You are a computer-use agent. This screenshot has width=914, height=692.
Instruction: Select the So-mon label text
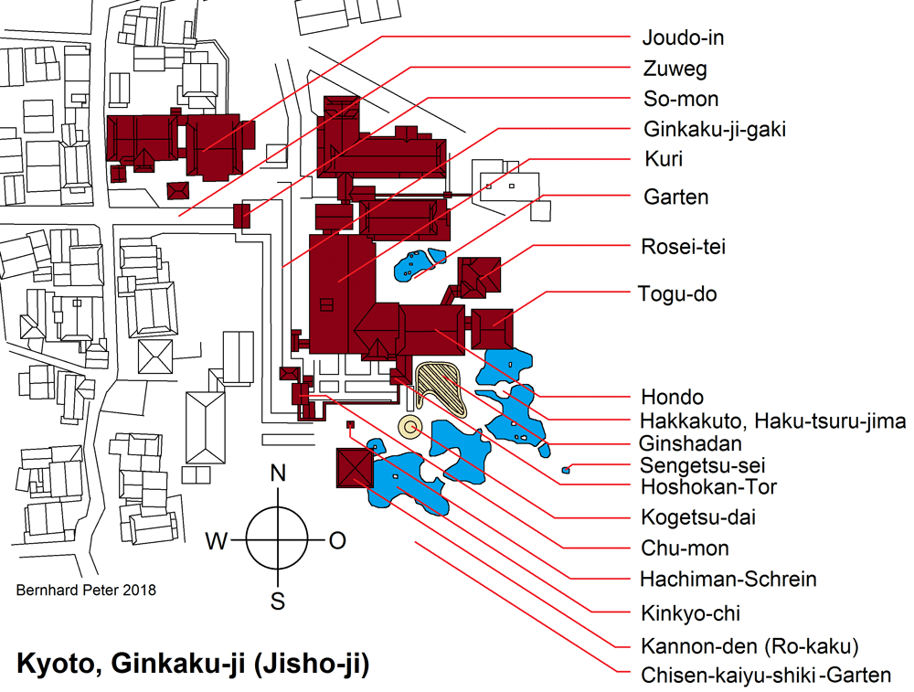coord(680,99)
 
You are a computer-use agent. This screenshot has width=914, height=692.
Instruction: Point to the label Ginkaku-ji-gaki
coord(714,129)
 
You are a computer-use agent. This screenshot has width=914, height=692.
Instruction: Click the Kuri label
coord(663,159)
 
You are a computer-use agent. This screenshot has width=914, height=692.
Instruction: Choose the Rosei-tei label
coord(684,247)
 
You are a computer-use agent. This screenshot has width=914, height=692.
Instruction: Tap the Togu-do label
coord(677,294)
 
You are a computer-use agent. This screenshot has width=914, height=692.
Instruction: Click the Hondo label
coord(672,398)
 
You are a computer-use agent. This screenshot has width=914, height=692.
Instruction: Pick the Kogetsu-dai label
coord(698,517)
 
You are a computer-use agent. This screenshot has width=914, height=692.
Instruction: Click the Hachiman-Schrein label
coord(728,579)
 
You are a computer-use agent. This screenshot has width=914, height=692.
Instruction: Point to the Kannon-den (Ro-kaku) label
coord(749,647)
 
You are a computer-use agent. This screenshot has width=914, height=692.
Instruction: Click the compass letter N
coord(279,474)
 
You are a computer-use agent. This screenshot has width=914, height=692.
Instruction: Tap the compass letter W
coord(216,541)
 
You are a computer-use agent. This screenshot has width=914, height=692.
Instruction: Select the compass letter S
coord(278,601)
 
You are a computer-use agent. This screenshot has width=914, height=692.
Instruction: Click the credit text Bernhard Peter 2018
coord(86,591)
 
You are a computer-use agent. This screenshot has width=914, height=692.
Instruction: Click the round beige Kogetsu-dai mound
coord(409,426)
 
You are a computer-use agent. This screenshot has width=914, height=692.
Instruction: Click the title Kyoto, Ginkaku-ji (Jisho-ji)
coord(193,663)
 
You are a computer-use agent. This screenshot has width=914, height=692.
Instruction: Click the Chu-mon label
coord(685,548)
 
